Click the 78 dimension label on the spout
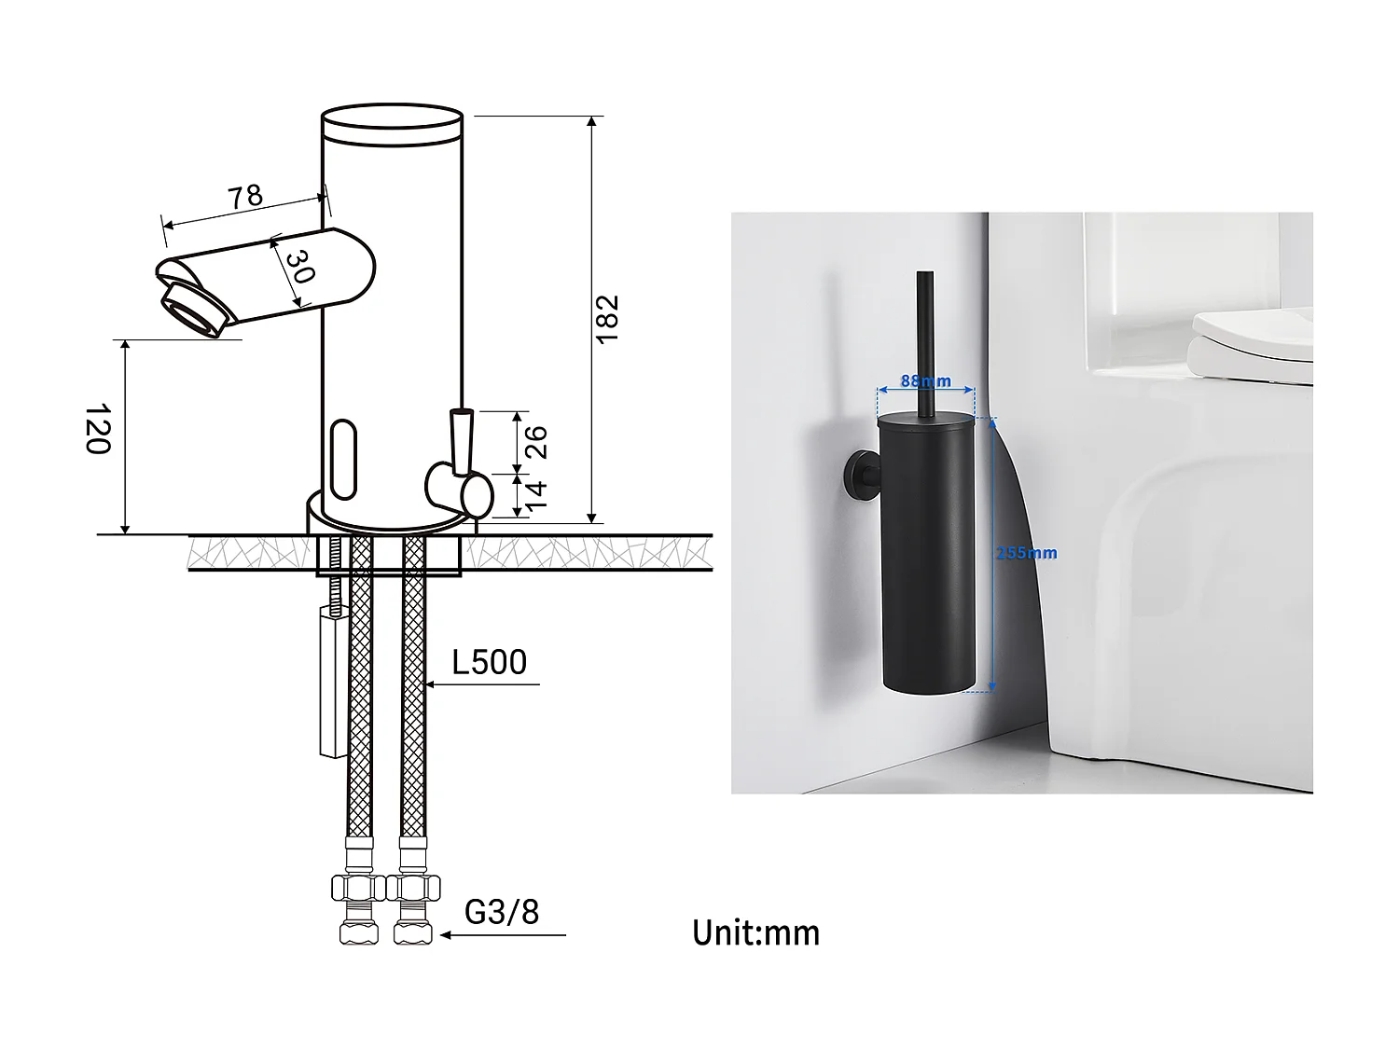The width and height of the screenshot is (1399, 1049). click(246, 197)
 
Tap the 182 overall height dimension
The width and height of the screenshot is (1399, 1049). click(607, 318)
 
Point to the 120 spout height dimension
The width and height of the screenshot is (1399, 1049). click(98, 429)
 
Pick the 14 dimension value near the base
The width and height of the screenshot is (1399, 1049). click(536, 495)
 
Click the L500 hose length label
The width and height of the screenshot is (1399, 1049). click(489, 662)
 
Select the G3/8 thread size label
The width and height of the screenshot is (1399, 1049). click(502, 912)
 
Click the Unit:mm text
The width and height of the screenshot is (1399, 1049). click(755, 932)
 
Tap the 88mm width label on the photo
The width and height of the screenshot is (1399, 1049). click(925, 381)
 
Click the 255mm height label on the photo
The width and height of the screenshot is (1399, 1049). click(1026, 553)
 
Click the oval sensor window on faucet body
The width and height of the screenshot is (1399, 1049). click(342, 459)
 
